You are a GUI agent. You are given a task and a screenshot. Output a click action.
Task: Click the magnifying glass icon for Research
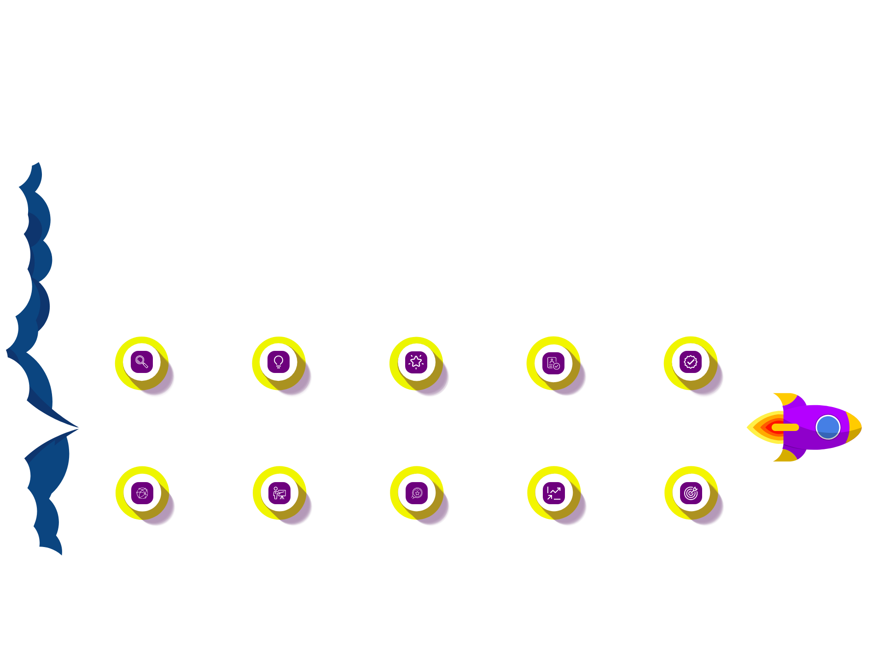tap(141, 362)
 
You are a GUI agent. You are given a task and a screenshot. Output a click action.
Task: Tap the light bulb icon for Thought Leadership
tap(279, 362)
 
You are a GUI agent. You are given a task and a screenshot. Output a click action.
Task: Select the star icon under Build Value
tap(416, 362)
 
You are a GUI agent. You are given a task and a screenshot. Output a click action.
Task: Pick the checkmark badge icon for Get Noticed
tap(691, 362)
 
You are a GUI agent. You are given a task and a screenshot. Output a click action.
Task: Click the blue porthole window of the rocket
tap(828, 427)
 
